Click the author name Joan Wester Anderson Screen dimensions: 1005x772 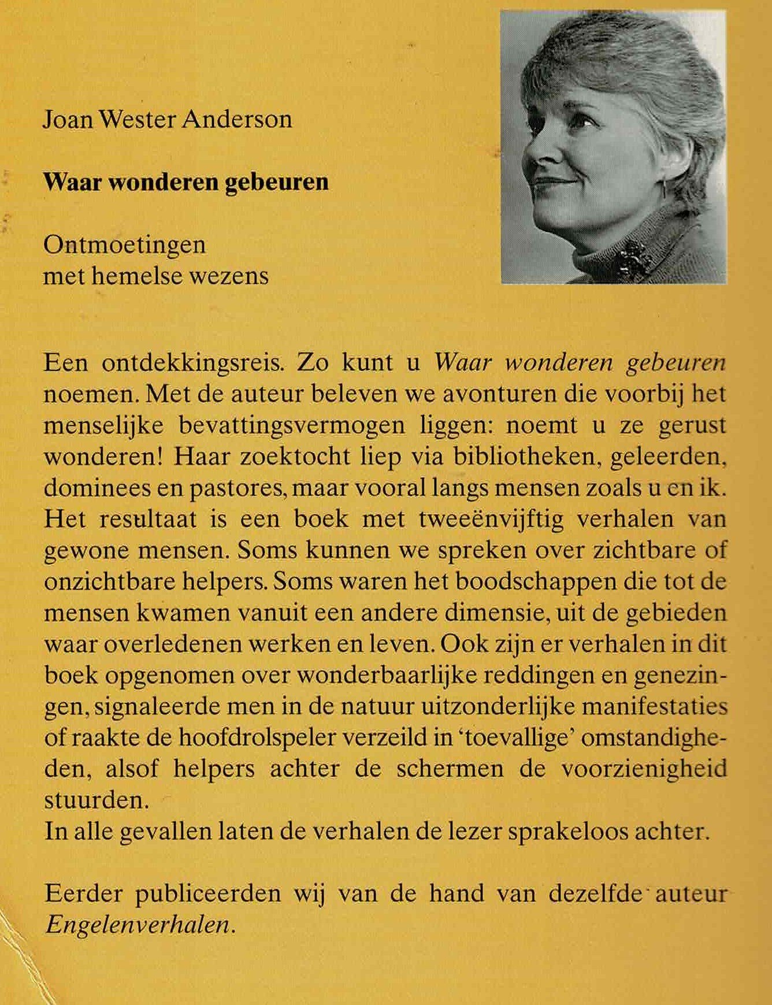(x=168, y=120)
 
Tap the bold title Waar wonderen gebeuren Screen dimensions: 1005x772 (x=186, y=182)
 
